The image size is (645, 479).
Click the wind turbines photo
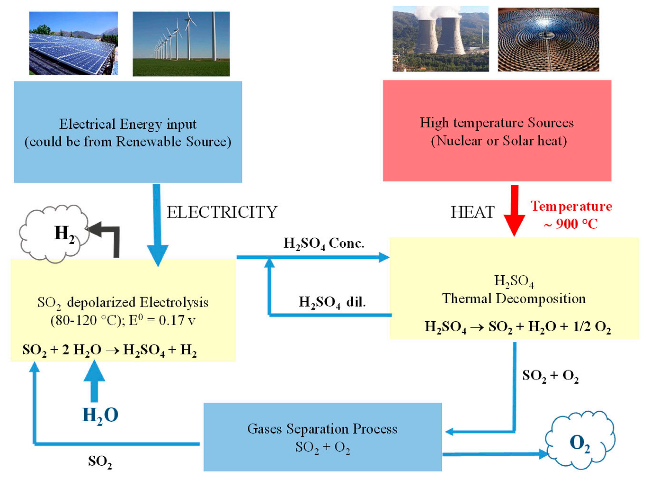click(181, 44)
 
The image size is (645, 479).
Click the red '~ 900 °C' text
click(571, 224)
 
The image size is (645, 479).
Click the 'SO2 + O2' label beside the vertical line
click(550, 376)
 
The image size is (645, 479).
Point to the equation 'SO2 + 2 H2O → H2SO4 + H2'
click(110, 350)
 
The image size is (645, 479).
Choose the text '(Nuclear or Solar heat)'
click(499, 141)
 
